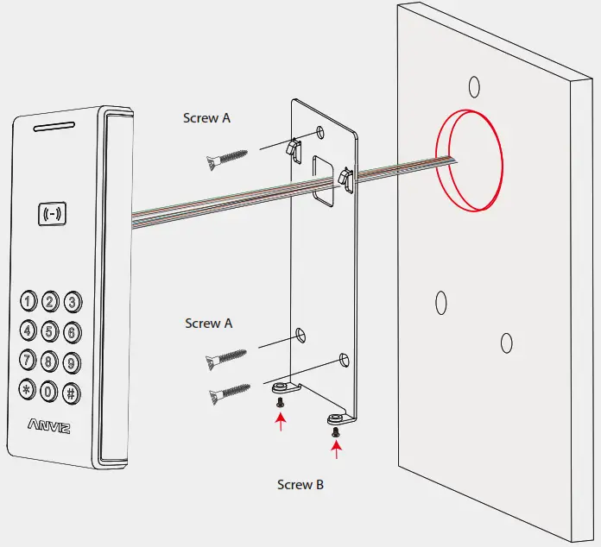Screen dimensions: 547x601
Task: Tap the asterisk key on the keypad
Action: pyautogui.click(x=28, y=391)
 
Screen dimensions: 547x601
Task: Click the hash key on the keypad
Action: pyautogui.click(x=72, y=391)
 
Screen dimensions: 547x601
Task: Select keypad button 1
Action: pyautogui.click(x=28, y=302)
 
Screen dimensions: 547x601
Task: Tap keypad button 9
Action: pyautogui.click(x=72, y=362)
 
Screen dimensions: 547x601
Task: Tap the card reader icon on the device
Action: pyautogui.click(x=53, y=212)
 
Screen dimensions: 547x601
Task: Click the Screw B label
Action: pyautogui.click(x=300, y=485)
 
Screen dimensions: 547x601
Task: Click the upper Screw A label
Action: pyautogui.click(x=206, y=118)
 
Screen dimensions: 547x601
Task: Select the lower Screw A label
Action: pyautogui.click(x=208, y=324)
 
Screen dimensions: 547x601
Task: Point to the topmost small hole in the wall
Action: pyautogui.click(x=473, y=85)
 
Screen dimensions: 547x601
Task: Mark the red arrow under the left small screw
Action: pyautogui.click(x=280, y=422)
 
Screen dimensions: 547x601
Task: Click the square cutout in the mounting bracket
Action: pyautogui.click(x=323, y=182)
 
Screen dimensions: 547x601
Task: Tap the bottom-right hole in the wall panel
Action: pyautogui.click(x=507, y=343)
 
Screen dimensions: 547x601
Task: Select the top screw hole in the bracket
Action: pyautogui.click(x=321, y=132)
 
